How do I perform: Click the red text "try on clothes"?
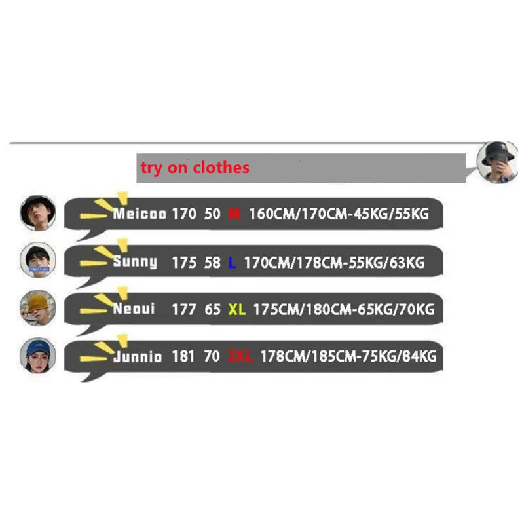(x=195, y=168)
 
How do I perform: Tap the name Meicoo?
(x=139, y=214)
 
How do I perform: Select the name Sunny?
(x=135, y=263)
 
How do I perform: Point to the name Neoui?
(x=134, y=309)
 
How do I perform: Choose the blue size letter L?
(x=232, y=263)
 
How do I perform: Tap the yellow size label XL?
(x=236, y=309)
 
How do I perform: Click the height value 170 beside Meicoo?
(x=184, y=214)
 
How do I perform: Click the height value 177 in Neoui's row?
(x=184, y=309)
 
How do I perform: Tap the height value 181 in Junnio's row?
(x=184, y=356)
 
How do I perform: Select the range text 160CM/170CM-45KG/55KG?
(x=339, y=214)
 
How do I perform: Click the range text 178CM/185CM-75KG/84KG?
(x=348, y=356)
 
